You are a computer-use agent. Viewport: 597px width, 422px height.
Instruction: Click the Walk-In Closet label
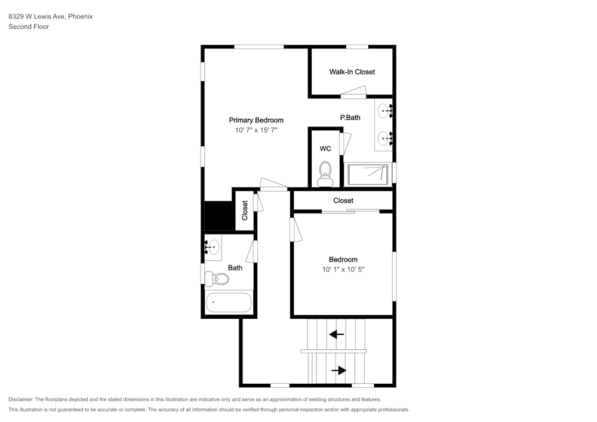click(352, 72)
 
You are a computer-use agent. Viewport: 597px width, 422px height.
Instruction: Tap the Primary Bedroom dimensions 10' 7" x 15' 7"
click(256, 130)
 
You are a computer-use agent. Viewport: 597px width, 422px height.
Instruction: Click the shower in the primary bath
click(368, 174)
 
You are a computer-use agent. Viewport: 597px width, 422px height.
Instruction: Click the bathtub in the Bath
click(229, 303)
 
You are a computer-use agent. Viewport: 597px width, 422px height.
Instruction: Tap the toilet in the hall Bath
click(217, 279)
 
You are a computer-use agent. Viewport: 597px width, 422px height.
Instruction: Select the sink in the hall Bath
click(213, 247)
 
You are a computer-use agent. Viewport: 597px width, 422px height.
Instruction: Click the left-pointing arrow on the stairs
click(337, 334)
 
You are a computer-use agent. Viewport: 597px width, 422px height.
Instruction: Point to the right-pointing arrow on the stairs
click(339, 370)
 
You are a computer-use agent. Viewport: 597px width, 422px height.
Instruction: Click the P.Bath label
click(350, 118)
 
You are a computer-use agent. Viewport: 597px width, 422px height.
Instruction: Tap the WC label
click(325, 149)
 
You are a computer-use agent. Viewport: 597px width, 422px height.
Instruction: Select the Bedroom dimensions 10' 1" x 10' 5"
click(343, 269)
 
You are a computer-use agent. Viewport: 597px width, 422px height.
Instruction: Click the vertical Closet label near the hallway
click(245, 211)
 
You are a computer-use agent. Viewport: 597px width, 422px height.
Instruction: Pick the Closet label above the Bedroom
click(343, 201)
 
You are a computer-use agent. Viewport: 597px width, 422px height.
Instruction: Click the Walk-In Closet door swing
click(353, 92)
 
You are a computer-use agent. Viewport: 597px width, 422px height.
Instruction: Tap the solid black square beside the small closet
click(220, 217)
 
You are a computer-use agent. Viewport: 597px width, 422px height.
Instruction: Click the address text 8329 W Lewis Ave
click(37, 16)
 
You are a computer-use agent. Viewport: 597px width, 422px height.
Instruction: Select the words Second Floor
click(29, 27)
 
